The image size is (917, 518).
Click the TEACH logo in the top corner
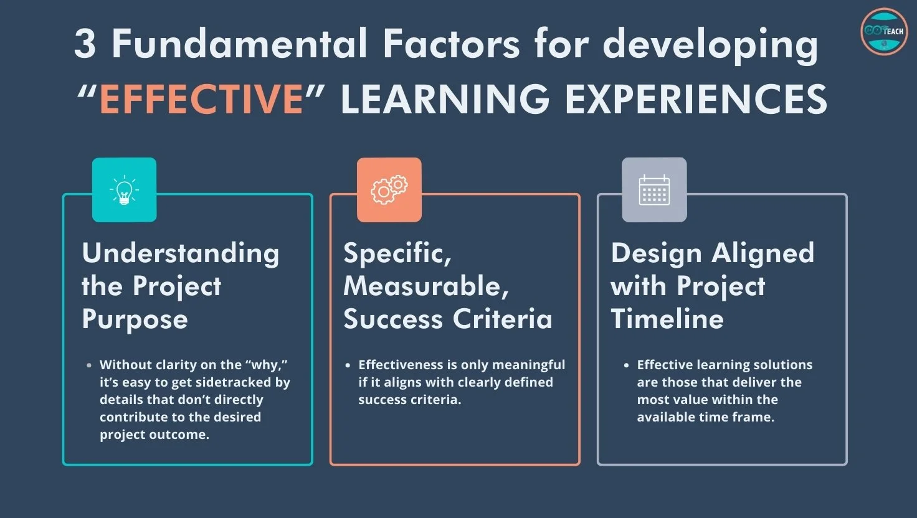(x=883, y=31)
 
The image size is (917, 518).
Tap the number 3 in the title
(x=85, y=45)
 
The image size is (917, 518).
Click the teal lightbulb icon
(x=124, y=190)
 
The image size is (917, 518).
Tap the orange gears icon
(x=389, y=190)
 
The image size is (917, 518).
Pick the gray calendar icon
(x=654, y=190)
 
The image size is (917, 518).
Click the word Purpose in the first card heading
(x=135, y=320)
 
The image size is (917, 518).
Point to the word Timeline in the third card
(x=667, y=319)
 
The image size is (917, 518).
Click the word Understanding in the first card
(x=181, y=254)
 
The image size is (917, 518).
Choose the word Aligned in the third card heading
(x=763, y=253)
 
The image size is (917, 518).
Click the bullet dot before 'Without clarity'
(x=90, y=365)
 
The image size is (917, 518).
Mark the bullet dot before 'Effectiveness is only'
(x=348, y=365)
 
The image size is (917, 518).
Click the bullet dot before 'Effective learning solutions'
(x=627, y=365)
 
